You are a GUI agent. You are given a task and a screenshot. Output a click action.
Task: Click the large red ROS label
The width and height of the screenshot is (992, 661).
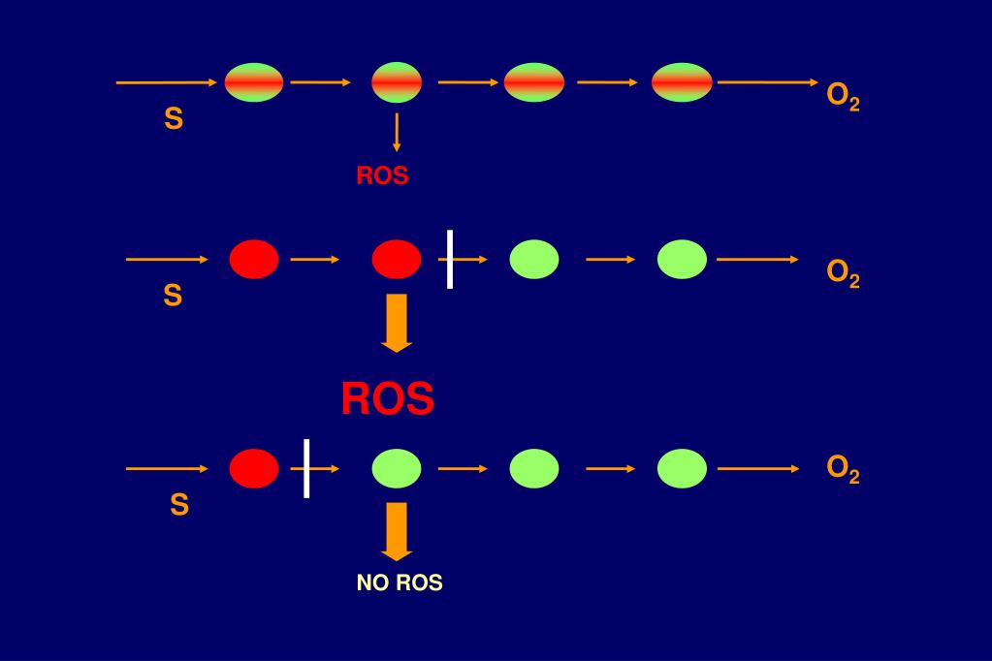coord(387,398)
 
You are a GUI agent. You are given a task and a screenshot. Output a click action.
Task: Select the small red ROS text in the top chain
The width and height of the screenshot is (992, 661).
coord(382,176)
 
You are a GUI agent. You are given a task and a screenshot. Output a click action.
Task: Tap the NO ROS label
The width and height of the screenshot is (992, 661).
coord(400,583)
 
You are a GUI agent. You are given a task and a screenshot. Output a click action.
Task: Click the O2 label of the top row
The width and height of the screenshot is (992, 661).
coord(843,97)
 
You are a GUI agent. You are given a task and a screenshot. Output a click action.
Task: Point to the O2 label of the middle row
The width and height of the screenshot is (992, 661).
coord(843,273)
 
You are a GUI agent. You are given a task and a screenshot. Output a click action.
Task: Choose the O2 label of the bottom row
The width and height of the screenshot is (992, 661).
coord(843,469)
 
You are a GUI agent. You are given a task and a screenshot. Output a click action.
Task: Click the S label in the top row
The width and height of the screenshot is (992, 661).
coord(174,119)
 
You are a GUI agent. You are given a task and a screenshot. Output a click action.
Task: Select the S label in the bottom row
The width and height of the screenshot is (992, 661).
coord(179,505)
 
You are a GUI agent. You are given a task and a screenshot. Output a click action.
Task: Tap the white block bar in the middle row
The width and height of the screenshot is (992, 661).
coord(450,259)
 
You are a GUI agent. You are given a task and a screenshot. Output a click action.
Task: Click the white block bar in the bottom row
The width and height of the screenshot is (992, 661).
coord(306,468)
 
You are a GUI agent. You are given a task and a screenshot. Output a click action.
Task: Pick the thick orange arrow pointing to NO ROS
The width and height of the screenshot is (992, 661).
coord(396,531)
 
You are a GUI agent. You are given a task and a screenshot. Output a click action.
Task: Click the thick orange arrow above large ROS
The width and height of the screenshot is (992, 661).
coord(396,323)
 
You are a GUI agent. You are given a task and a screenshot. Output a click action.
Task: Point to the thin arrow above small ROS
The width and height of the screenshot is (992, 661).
coord(397,132)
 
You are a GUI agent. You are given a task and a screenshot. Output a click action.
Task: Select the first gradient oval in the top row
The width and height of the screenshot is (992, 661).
coord(254,82)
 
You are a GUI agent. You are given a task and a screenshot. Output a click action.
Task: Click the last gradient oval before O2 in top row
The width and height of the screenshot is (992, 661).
coord(682,82)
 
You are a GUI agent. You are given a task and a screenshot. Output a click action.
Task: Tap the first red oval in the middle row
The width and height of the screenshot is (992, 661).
coord(254,259)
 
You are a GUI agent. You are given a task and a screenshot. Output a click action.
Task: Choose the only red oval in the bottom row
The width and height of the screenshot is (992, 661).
coord(254,469)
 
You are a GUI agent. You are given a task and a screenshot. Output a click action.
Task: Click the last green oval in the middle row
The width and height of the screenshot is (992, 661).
coord(682,259)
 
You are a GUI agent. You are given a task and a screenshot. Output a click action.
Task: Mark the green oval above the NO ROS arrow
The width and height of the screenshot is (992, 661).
coord(397,469)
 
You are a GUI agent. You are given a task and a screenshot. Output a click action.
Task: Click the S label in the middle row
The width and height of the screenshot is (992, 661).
coord(173,296)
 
